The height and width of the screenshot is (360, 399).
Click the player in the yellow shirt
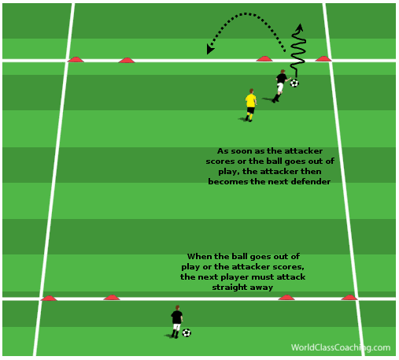click(250, 106)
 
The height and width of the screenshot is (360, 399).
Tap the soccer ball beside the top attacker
click(294, 84)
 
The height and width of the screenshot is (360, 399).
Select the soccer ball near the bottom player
click(187, 333)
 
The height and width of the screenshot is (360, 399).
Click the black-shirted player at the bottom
click(176, 321)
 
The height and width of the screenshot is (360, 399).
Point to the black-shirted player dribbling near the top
click(281, 86)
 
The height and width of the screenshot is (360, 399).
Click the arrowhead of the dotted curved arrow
click(210, 49)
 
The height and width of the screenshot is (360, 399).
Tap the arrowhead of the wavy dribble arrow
click(300, 28)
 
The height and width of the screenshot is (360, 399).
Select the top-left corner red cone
click(76, 60)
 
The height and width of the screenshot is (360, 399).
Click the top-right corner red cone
click(323, 59)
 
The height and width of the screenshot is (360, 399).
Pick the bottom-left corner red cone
click(49, 299)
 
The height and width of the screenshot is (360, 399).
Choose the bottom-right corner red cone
click(349, 298)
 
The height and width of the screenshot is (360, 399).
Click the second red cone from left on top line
click(127, 61)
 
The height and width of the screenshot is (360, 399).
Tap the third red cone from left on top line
click(264, 59)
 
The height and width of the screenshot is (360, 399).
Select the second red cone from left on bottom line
click(112, 298)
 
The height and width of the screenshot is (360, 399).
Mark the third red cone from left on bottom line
click(286, 298)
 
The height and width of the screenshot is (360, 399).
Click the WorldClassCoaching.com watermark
click(341, 347)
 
